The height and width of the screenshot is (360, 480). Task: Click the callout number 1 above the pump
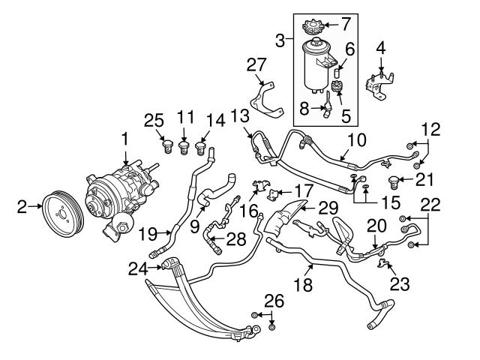pyautogui.click(x=125, y=140)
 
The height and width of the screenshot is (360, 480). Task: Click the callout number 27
pyautogui.click(x=256, y=64)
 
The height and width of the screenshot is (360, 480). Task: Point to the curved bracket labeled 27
pyautogui.click(x=265, y=100)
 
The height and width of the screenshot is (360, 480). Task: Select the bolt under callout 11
pyautogui.click(x=183, y=146)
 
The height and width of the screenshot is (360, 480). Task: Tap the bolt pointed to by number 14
pyautogui.click(x=200, y=148)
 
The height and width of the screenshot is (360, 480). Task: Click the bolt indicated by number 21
pyautogui.click(x=393, y=181)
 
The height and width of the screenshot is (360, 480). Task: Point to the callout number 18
pyautogui.click(x=303, y=285)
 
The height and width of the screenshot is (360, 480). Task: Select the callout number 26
pyautogui.click(x=274, y=301)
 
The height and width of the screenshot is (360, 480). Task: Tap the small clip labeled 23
pyautogui.click(x=382, y=262)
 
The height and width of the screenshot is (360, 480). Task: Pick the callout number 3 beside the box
pyautogui.click(x=280, y=40)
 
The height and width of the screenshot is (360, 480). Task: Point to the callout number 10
pyautogui.click(x=357, y=140)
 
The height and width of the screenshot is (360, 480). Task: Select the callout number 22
pyautogui.click(x=430, y=205)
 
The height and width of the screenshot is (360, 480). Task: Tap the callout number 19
pyautogui.click(x=148, y=234)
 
